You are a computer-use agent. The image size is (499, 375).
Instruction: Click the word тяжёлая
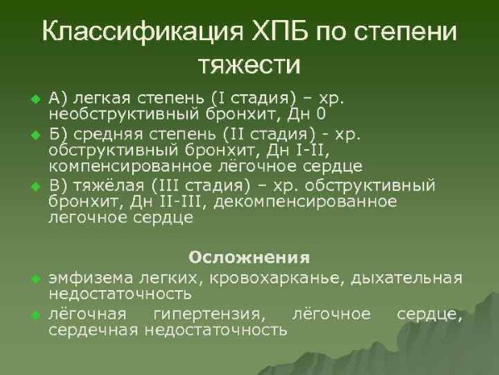[x=107, y=186]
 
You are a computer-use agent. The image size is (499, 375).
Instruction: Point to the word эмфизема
[x=86, y=277]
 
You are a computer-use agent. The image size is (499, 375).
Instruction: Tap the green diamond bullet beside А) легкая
[x=35, y=99]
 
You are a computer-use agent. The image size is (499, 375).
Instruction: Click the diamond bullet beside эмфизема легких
[x=35, y=278]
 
